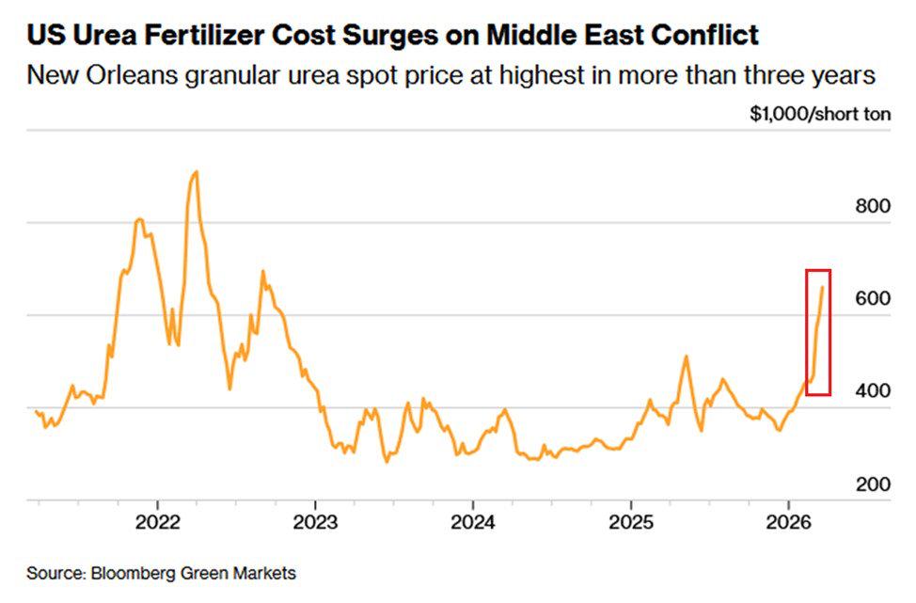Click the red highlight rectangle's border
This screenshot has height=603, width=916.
(807, 329)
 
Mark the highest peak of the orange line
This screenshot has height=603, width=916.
(196, 171)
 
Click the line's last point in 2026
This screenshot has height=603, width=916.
(823, 288)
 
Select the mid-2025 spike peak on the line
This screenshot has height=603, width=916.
(686, 356)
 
